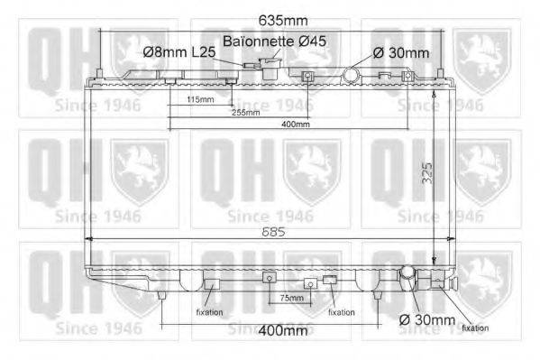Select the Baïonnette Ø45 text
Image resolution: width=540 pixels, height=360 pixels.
pyautogui.click(x=269, y=42)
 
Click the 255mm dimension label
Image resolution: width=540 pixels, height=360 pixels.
pyautogui.click(x=245, y=113)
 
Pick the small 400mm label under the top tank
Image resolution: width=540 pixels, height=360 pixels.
pyautogui.click(x=295, y=125)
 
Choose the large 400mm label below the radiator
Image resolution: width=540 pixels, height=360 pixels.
pyautogui.click(x=283, y=331)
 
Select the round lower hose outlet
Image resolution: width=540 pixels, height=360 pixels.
pyautogui.click(x=407, y=272)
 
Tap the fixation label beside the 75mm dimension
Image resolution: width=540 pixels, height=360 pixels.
pyautogui.click(x=341, y=312)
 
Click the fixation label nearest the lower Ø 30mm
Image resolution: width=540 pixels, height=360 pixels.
pyautogui.click(x=475, y=328)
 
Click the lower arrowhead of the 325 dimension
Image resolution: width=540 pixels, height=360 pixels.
pyautogui.click(x=435, y=256)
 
